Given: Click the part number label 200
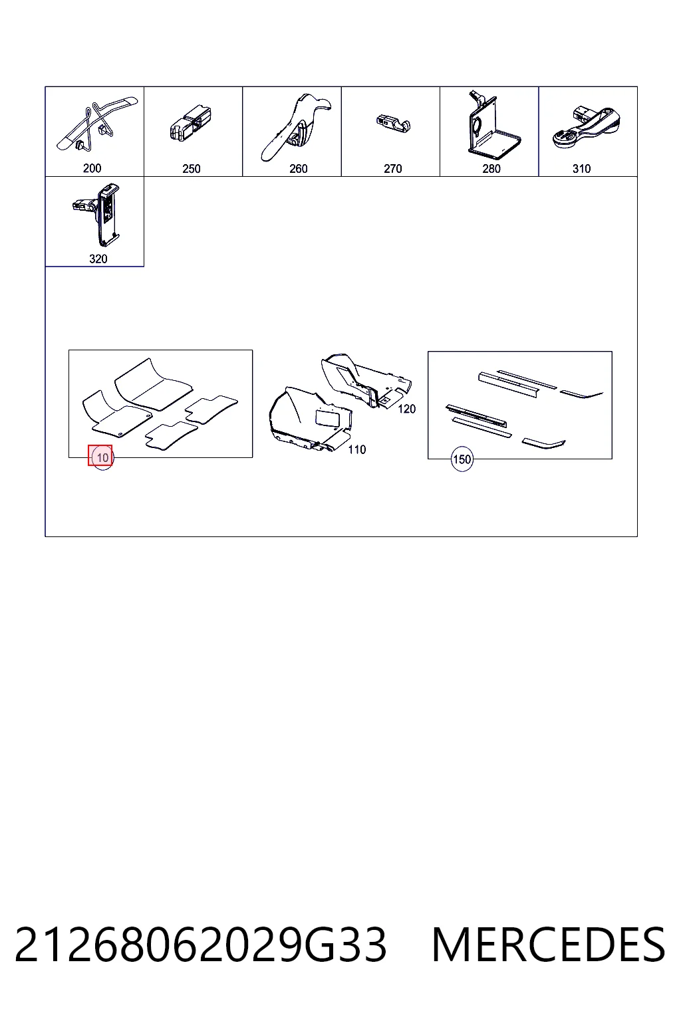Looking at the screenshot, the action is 92,168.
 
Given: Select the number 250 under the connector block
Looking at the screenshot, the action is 191,169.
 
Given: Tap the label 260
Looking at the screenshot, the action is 299,169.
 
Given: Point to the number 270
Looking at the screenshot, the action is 393,169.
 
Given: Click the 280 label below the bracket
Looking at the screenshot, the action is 491,169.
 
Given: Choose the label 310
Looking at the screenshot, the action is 581,169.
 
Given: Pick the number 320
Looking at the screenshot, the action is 98,259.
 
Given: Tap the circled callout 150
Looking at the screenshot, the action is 462,459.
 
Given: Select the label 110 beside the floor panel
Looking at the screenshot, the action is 356,450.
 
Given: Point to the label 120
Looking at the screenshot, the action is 407,409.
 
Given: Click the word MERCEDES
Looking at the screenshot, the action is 549,945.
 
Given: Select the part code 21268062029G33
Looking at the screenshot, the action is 201,945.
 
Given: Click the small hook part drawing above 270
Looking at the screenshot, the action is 393,124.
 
